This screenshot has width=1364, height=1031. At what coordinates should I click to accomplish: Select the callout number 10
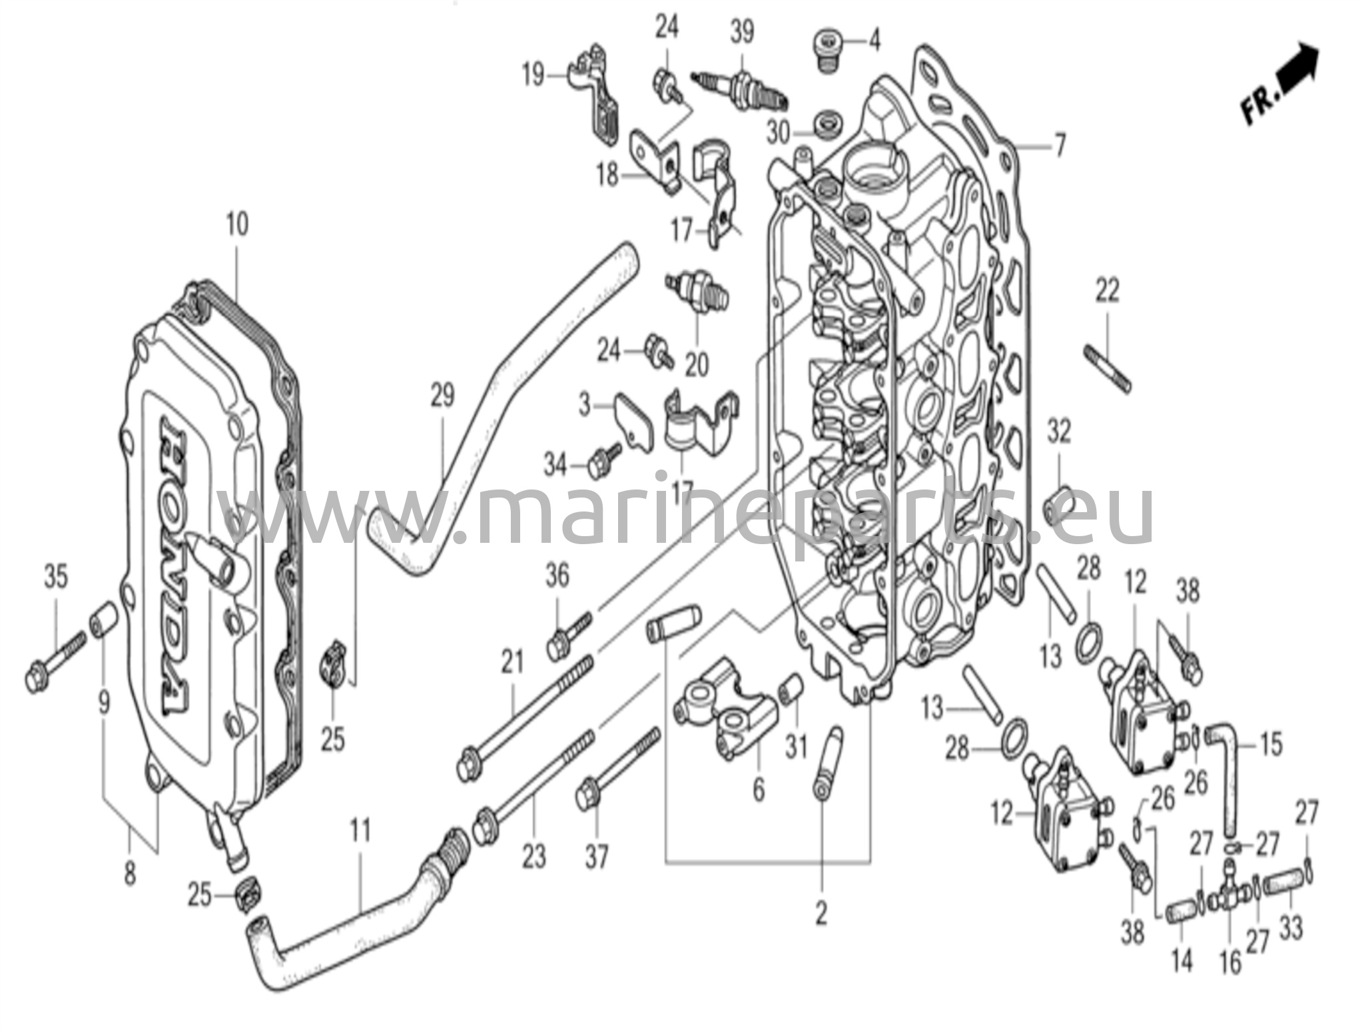point(237,224)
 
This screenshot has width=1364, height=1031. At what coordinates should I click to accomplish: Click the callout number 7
point(1058,145)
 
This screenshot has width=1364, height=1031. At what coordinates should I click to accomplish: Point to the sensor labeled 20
point(698,294)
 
